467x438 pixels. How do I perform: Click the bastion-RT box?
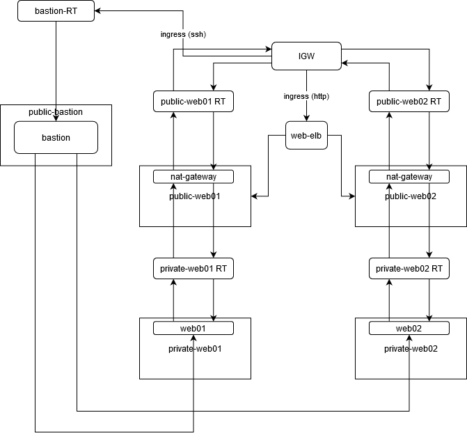[x=56, y=11]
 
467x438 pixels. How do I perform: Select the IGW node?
[x=306, y=56]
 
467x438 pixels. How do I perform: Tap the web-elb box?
[x=306, y=135]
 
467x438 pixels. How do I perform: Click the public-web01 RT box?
[x=193, y=102]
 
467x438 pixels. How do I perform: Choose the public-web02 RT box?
[x=409, y=102]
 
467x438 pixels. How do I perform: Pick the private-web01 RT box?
[x=193, y=268]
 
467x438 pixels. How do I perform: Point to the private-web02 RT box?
[x=409, y=268]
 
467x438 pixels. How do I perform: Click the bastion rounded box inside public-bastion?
[x=56, y=138]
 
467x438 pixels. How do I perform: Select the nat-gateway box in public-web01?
[x=193, y=177]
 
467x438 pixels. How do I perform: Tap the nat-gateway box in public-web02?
[x=409, y=177]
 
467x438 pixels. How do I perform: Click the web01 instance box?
[x=193, y=328]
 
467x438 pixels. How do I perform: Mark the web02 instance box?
[x=409, y=328]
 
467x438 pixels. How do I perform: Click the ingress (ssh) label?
[x=183, y=34]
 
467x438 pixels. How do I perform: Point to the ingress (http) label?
[x=306, y=95]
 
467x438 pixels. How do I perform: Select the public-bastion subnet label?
[x=56, y=112]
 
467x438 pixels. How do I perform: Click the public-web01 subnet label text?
[x=195, y=196]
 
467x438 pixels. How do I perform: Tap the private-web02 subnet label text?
[x=411, y=349]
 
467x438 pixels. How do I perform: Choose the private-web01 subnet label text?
[x=195, y=349]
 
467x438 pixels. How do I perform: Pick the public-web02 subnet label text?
[x=411, y=196]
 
